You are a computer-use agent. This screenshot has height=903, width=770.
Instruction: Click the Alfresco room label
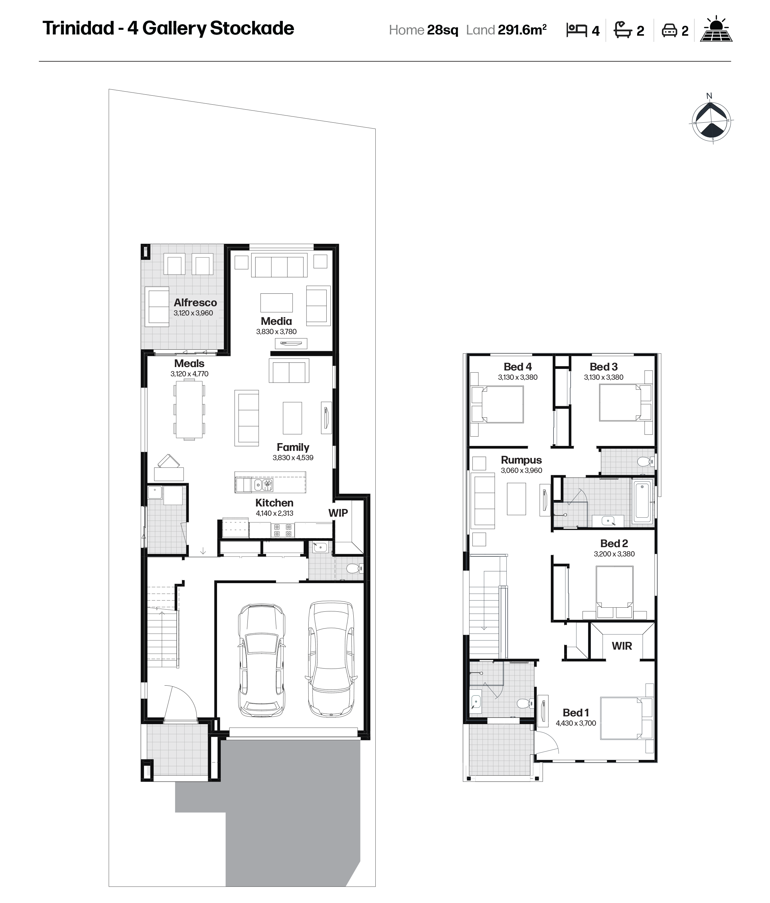point(195,302)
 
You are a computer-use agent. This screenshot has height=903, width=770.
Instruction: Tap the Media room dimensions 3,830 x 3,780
point(276,332)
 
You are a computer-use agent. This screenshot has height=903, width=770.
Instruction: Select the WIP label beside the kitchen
point(338,513)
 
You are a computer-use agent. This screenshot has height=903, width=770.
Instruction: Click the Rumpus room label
point(521,460)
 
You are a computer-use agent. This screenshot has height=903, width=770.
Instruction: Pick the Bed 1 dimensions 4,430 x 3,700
point(576,723)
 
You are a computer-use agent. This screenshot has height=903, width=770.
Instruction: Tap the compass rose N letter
point(709,96)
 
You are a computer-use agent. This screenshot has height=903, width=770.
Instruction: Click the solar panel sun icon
point(716,29)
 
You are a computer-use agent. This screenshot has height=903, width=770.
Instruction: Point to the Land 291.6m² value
point(522,29)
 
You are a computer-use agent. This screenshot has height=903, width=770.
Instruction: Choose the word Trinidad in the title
point(79,28)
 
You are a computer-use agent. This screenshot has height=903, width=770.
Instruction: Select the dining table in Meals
point(189,410)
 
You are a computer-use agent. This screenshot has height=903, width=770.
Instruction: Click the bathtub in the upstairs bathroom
point(642,501)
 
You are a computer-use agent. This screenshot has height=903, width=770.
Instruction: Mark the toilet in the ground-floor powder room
point(353,568)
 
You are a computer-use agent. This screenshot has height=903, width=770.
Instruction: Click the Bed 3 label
point(604,367)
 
